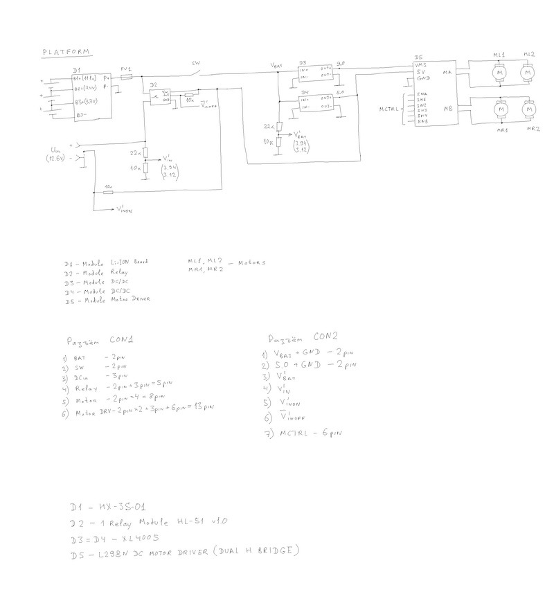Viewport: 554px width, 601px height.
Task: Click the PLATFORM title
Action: (68, 52)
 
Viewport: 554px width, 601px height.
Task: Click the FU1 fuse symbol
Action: (127, 79)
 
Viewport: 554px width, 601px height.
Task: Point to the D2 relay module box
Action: (161, 96)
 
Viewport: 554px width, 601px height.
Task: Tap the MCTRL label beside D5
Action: (389, 109)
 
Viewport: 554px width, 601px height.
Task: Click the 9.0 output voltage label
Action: (341, 62)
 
